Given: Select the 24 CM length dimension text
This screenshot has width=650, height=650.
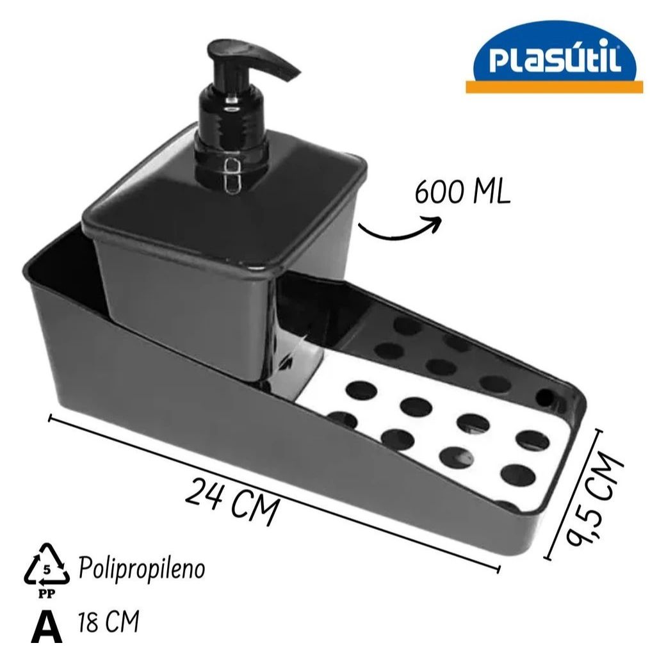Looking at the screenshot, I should coord(231,502).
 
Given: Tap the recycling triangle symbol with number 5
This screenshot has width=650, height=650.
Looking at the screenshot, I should coord(45,567).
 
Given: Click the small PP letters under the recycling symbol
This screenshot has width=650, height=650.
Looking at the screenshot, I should coord(46,593).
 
